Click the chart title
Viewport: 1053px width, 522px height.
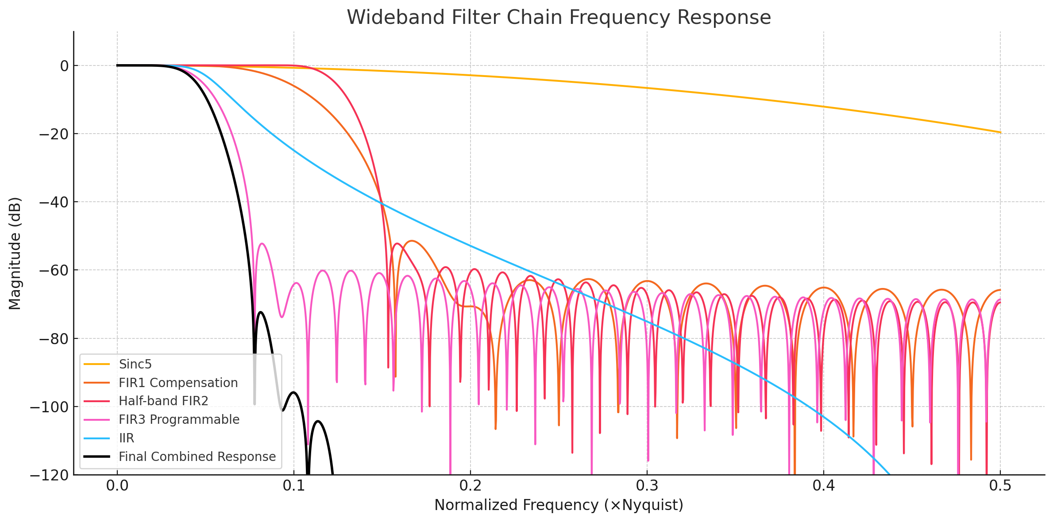coord(559,18)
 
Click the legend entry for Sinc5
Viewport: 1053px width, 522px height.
coord(135,364)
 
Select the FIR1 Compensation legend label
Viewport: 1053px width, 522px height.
coord(178,383)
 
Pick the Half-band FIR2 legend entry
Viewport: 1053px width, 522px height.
coord(163,401)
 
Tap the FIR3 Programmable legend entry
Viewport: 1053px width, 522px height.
coord(179,419)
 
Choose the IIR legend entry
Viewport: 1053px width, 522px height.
coord(127,438)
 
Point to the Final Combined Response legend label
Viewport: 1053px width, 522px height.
coord(197,457)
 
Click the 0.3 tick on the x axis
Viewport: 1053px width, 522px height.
coord(647,486)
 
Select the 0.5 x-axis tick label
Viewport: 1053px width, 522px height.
coord(1000,486)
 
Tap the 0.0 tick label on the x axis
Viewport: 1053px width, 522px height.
coord(117,486)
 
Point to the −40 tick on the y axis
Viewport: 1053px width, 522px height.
coord(54,202)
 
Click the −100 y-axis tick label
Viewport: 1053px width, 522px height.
coord(49,407)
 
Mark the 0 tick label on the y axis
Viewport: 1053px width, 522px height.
coord(64,66)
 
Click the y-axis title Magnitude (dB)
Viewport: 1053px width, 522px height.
coord(15,253)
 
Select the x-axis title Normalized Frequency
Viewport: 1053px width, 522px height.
coord(559,505)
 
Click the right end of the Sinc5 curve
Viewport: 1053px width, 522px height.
coord(1000,132)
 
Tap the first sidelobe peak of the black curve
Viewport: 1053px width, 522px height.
coord(260,312)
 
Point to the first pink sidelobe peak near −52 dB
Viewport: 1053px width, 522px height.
coord(262,244)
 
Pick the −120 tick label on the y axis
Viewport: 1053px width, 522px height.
coord(49,475)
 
